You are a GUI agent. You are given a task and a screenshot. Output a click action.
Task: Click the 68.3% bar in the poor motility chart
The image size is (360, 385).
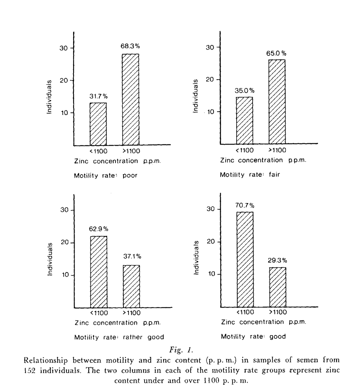pyautogui.click(x=131, y=99)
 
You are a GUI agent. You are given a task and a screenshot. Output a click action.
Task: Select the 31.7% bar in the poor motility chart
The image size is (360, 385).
pyautogui.click(x=98, y=124)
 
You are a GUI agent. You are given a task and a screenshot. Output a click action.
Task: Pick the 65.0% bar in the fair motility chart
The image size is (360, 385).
pyautogui.click(x=277, y=102)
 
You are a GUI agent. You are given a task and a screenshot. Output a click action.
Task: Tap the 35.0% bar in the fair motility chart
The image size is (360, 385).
pyautogui.click(x=244, y=120)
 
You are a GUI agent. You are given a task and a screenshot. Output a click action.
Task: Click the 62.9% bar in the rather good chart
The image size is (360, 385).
pyautogui.click(x=99, y=272)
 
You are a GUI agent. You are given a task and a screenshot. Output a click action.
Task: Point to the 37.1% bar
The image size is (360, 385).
pyautogui.click(x=131, y=286)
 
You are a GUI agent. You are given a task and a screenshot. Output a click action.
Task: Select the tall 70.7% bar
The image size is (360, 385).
pyautogui.click(x=245, y=259)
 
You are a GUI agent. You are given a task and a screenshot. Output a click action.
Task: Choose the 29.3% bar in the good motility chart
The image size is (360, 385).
pyautogui.click(x=278, y=287)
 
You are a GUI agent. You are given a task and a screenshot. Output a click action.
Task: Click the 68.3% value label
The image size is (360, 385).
pyautogui.click(x=130, y=46)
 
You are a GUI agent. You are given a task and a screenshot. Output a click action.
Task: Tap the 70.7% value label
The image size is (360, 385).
pyautogui.click(x=245, y=205)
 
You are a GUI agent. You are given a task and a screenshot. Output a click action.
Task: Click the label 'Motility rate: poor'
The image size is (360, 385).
pyautogui.click(x=106, y=175)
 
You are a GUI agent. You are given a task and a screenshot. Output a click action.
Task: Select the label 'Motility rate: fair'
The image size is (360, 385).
pyautogui.click(x=250, y=175)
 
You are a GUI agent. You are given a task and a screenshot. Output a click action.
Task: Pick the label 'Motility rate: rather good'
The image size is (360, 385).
pyautogui.click(x=119, y=337)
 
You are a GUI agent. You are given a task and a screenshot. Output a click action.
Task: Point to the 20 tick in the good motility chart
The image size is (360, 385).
pyautogui.click(x=210, y=242)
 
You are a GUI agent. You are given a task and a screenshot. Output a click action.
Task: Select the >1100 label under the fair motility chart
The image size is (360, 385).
pyautogui.click(x=277, y=150)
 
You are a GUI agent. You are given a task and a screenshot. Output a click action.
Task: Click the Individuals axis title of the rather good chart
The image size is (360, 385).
pyautogui.click(x=50, y=259)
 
